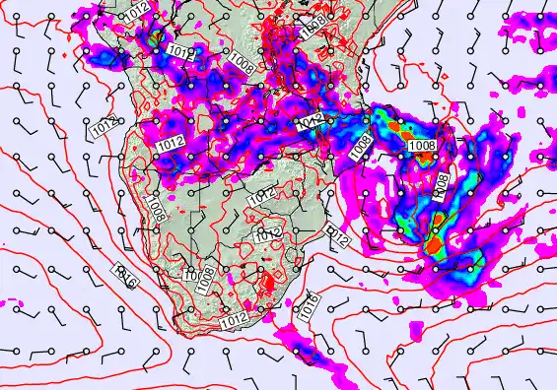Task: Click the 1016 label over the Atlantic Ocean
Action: pos(126,277)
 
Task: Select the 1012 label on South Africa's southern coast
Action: pos(234,320)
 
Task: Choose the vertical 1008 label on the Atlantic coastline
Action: pos(156,207)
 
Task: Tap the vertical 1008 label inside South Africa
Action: pos(205,279)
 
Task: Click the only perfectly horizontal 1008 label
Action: pos(421,146)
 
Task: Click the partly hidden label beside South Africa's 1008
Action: pos(188,273)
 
